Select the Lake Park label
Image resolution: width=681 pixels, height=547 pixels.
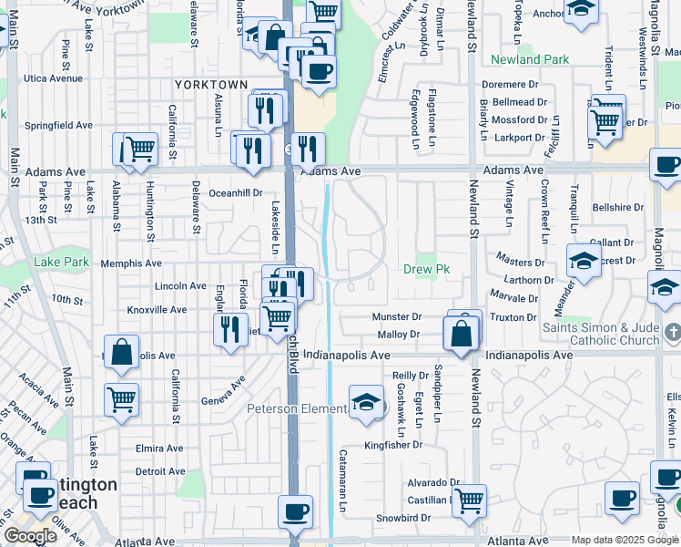click(x=62, y=263)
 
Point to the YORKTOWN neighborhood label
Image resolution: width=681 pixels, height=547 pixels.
click(x=211, y=85)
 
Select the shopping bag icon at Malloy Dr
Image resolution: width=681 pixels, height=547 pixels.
click(x=462, y=334)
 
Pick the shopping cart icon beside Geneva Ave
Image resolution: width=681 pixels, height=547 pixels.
click(x=121, y=398)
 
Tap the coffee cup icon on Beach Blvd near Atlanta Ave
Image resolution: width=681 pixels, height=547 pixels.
click(x=295, y=511)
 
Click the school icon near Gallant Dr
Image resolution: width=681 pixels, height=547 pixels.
click(x=584, y=262)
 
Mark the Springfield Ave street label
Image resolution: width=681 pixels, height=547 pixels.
click(x=58, y=125)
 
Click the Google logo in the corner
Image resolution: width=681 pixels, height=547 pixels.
click(x=30, y=536)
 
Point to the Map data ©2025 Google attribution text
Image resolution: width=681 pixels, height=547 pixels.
click(x=625, y=540)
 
